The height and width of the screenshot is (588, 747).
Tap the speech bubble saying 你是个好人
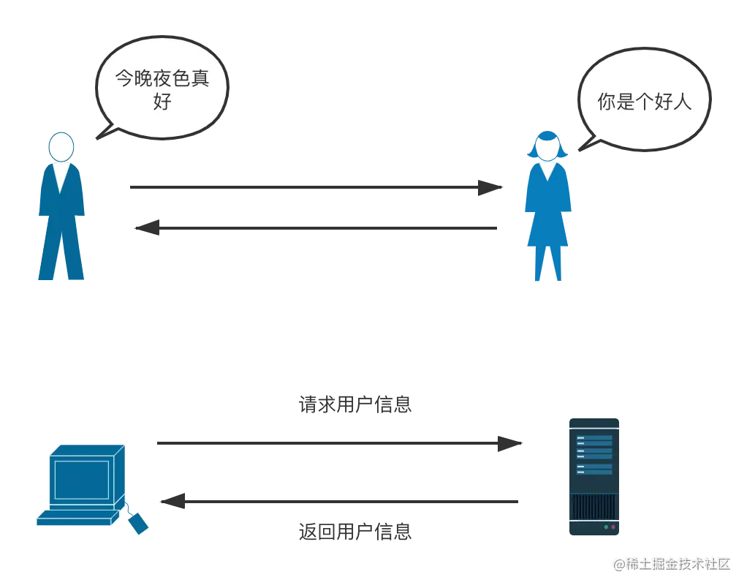(x=643, y=101)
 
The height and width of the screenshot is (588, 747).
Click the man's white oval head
(x=61, y=147)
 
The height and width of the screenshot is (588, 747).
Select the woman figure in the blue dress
(x=547, y=212)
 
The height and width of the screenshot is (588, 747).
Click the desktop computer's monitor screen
(x=81, y=479)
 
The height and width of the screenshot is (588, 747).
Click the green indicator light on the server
(x=606, y=527)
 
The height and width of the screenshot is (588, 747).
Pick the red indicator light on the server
(x=613, y=527)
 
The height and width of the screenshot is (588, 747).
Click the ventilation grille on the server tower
(x=593, y=506)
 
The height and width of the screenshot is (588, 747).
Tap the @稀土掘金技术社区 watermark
(x=670, y=563)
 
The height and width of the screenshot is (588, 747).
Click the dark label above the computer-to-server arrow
(x=357, y=404)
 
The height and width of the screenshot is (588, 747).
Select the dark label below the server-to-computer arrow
(x=357, y=533)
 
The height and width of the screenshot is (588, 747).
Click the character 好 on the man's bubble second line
(x=162, y=102)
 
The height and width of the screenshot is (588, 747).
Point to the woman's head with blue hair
(x=547, y=145)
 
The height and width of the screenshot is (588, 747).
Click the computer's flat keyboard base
(x=77, y=518)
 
